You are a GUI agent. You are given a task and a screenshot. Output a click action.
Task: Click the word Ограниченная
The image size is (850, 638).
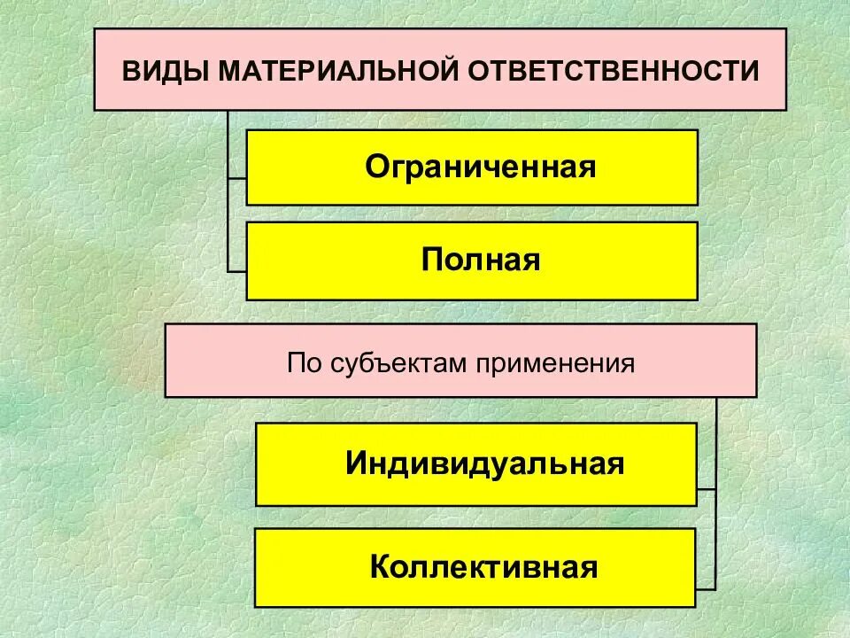click(481, 167)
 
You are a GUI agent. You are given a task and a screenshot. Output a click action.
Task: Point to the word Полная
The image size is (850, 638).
click(481, 261)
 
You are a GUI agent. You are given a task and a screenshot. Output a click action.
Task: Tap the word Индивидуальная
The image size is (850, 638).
click(485, 464)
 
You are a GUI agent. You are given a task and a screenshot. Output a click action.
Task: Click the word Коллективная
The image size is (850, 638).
click(483, 567)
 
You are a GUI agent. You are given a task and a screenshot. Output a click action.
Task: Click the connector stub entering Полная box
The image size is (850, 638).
click(236, 269)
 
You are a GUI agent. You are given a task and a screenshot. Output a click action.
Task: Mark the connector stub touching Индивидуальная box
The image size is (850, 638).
click(707, 488)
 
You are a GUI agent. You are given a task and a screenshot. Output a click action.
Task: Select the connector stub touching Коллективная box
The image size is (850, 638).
click(707, 587)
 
